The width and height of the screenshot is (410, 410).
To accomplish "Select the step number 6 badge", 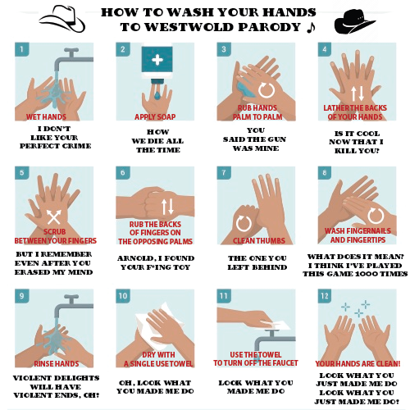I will (x=124, y=172).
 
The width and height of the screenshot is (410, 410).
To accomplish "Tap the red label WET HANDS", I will (x=47, y=117).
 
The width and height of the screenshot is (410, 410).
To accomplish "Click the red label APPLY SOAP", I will (x=156, y=117).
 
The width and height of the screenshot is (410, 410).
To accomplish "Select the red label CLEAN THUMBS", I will (x=258, y=240).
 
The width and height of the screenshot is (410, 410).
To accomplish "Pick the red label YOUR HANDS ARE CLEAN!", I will (x=358, y=362).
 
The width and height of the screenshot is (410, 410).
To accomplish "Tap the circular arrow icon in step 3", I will (x=266, y=88).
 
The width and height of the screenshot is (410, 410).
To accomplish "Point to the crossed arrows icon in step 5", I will (x=54, y=216).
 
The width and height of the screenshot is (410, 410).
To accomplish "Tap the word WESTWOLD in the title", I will (x=179, y=27).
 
